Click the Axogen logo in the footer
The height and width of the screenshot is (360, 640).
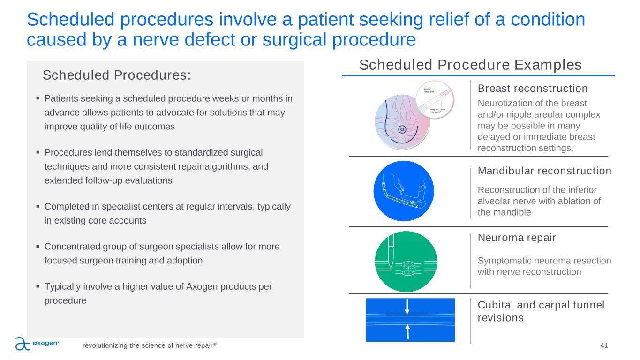click(x=37, y=344)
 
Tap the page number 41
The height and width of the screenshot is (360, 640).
click(x=604, y=345)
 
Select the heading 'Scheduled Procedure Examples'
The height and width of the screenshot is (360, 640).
click(x=470, y=65)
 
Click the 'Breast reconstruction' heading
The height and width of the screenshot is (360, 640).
click(x=533, y=89)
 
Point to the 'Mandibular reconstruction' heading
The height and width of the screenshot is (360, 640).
click(x=544, y=171)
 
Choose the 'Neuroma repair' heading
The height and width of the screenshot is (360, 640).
click(x=517, y=238)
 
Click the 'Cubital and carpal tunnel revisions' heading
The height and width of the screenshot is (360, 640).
click(x=541, y=311)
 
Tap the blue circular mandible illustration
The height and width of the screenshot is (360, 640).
click(x=404, y=191)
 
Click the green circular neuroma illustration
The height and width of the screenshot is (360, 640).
click(x=406, y=262)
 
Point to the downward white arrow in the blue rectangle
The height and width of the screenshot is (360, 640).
click(x=407, y=307)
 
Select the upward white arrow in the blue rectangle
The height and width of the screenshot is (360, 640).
click(x=408, y=332)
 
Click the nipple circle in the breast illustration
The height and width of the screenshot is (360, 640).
click(x=402, y=129)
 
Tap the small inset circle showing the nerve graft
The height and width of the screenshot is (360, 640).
click(x=435, y=100)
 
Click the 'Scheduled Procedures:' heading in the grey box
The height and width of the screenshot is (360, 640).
click(x=117, y=75)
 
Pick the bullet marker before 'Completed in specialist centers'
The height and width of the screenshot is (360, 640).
click(x=38, y=206)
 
